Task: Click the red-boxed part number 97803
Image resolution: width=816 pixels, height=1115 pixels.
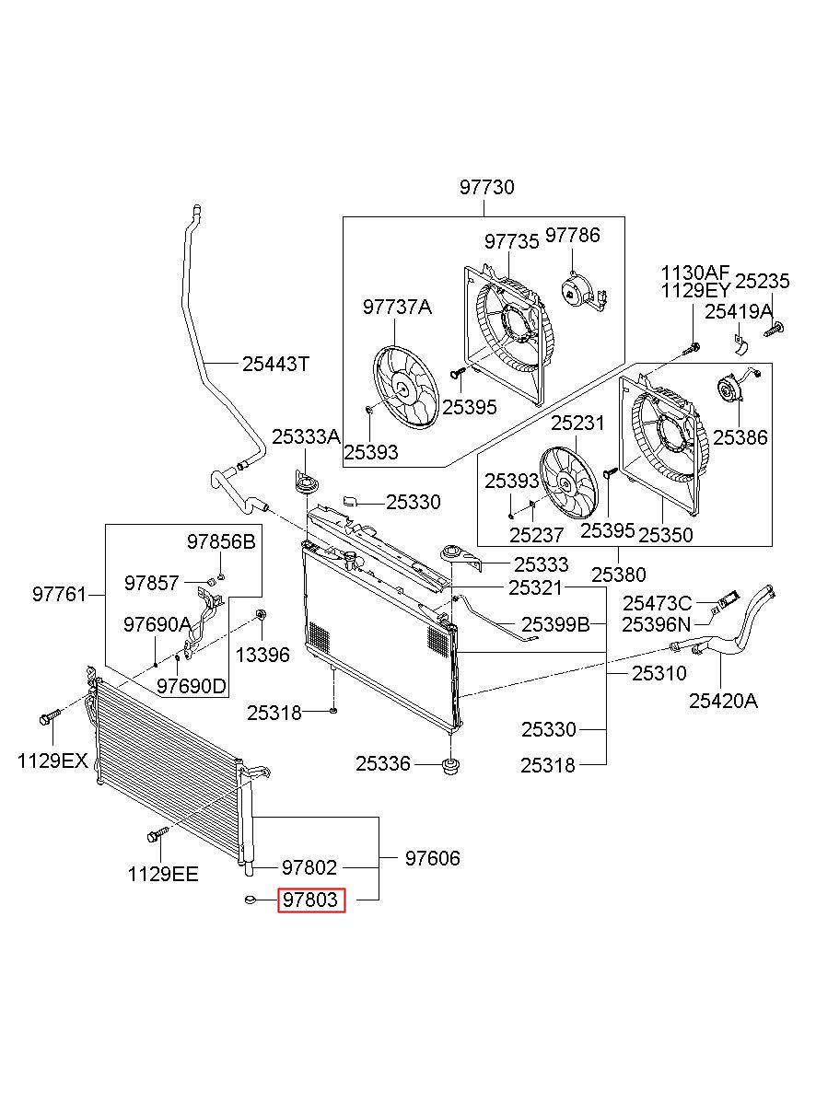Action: point(310,900)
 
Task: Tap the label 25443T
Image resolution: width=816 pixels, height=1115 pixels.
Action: point(275,365)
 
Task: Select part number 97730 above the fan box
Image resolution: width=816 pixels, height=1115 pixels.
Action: point(486,187)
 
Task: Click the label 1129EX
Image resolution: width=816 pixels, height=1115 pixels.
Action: point(52,761)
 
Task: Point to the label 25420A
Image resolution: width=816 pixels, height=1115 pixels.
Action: point(723,702)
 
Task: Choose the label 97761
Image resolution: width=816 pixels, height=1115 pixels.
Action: point(60,595)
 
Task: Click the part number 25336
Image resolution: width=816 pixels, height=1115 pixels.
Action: point(383,763)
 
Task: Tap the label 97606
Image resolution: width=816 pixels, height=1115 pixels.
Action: point(433,858)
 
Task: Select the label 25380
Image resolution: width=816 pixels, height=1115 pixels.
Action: point(619,575)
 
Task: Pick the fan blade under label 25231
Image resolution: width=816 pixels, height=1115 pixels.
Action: point(568,483)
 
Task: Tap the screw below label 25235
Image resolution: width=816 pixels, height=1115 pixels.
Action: point(774,330)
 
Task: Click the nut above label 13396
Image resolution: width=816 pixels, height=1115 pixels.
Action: point(260,614)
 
